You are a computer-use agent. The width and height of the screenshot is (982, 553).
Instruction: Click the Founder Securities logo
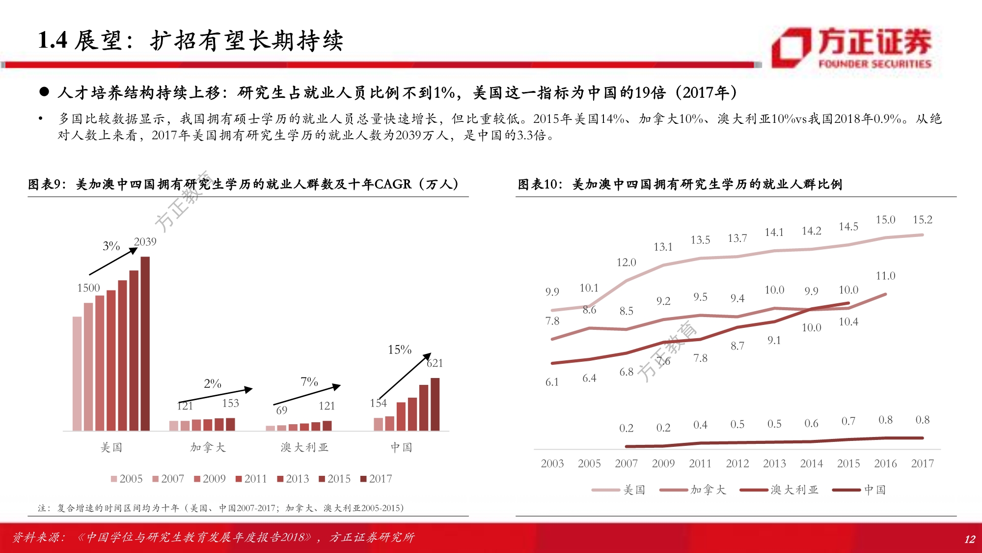(852, 48)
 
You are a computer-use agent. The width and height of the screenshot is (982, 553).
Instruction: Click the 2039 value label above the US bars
(145, 242)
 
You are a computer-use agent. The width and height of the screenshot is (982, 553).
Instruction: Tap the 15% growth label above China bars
(399, 349)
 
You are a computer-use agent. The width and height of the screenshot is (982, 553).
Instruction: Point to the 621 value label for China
(435, 363)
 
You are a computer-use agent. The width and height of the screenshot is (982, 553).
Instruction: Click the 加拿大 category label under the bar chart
(208, 447)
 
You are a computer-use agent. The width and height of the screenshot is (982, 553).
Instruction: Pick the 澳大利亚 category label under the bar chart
(304, 447)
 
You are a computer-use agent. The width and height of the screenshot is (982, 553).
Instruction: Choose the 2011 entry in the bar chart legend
(251, 479)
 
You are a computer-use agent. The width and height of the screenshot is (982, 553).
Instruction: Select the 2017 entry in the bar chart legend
(376, 479)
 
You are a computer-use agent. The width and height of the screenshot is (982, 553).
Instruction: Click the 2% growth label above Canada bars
(212, 383)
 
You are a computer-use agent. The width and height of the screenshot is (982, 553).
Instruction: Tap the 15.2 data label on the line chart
(922, 220)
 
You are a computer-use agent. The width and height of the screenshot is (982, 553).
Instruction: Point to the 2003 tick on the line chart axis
(552, 464)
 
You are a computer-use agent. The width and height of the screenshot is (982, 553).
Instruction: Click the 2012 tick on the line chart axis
(737, 464)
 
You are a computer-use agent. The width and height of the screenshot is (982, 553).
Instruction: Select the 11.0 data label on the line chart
(885, 276)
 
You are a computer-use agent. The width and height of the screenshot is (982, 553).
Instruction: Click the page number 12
(969, 539)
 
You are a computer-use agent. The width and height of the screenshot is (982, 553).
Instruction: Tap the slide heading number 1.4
(53, 40)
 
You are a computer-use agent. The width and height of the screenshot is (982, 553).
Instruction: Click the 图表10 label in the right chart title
(538, 184)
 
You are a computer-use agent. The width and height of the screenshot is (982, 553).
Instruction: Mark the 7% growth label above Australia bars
(309, 382)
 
